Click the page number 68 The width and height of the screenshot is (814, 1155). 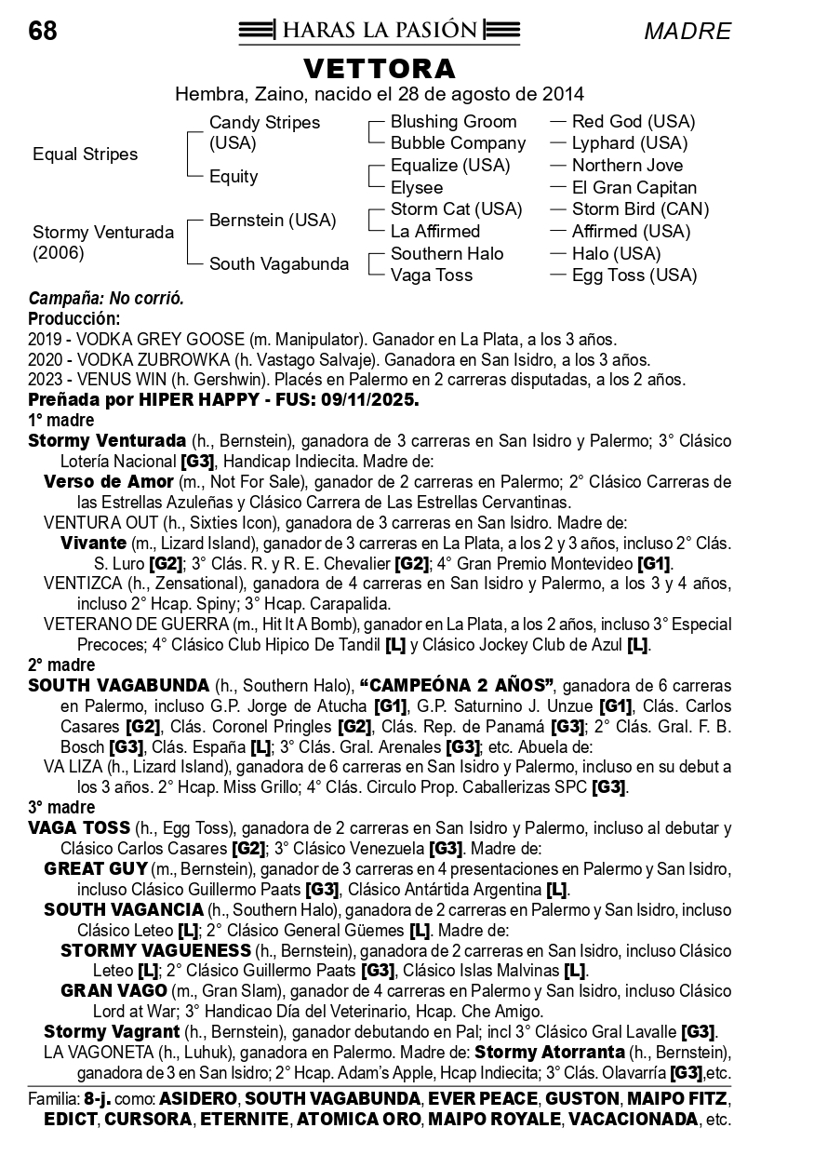tap(43, 32)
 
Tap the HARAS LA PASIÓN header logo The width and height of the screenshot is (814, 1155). tap(379, 31)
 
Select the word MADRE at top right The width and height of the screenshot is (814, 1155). tap(687, 32)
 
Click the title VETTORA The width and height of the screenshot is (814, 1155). tap(380, 69)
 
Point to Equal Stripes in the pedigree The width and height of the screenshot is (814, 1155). tap(85, 154)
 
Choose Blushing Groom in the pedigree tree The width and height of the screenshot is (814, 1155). tap(453, 122)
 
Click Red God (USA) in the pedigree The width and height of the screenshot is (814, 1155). tap(634, 122)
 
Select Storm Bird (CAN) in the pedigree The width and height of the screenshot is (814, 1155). tap(640, 209)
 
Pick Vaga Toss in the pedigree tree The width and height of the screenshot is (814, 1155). tap(431, 275)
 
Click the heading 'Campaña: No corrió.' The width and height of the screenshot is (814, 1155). tap(106, 299)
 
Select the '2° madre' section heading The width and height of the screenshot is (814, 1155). tap(61, 665)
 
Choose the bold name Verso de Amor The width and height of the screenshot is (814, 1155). tap(109, 482)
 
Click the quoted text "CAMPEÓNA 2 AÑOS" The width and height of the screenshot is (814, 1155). tap(457, 686)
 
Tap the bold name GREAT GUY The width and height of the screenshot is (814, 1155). tap(96, 868)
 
